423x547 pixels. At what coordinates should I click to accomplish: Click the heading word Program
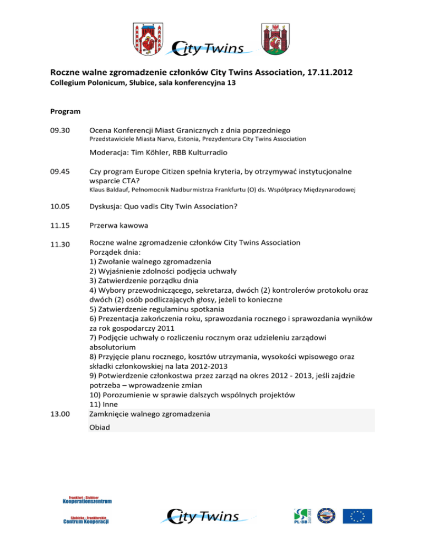tap(66, 111)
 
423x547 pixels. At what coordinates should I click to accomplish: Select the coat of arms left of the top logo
tap(147, 38)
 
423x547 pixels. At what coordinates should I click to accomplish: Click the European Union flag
tap(358, 516)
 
